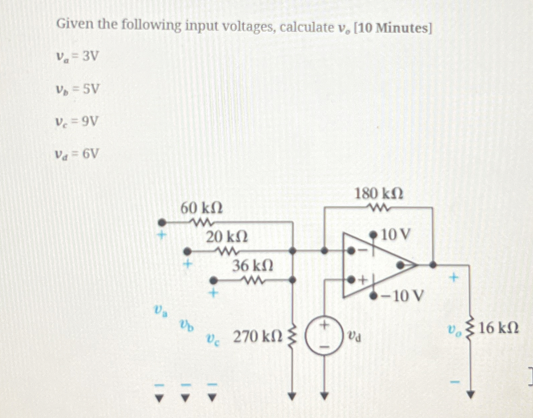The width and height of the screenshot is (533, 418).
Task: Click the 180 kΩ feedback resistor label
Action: pyautogui.click(x=379, y=194)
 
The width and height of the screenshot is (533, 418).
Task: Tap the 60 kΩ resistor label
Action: pyautogui.click(x=201, y=209)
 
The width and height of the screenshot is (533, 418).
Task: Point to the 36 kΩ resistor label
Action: pyautogui.click(x=253, y=266)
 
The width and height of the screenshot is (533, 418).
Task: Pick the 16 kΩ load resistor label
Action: pyautogui.click(x=499, y=328)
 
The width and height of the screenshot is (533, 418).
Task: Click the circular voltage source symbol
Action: pyautogui.click(x=324, y=335)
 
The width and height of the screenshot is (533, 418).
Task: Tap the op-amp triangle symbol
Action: pyautogui.click(x=376, y=265)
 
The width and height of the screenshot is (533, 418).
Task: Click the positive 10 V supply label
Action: pyautogui.click(x=396, y=235)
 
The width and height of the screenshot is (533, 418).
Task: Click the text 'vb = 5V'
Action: pyautogui.click(x=77, y=89)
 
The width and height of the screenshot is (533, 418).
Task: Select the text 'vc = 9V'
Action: pyautogui.click(x=77, y=122)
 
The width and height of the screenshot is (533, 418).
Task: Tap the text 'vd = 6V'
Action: pyautogui.click(x=77, y=154)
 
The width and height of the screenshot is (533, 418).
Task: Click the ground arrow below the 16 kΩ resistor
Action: pyautogui.click(x=470, y=395)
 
